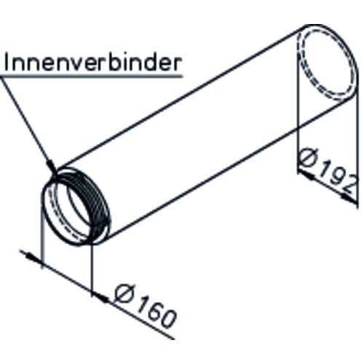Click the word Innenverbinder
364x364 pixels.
[93, 63]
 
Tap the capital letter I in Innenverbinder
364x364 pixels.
[7, 63]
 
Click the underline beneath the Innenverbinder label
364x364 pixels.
[91, 76]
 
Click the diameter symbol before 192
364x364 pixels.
[309, 157]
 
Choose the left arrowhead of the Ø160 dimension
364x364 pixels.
[32, 258]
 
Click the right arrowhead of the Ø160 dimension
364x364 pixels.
[101, 298]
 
